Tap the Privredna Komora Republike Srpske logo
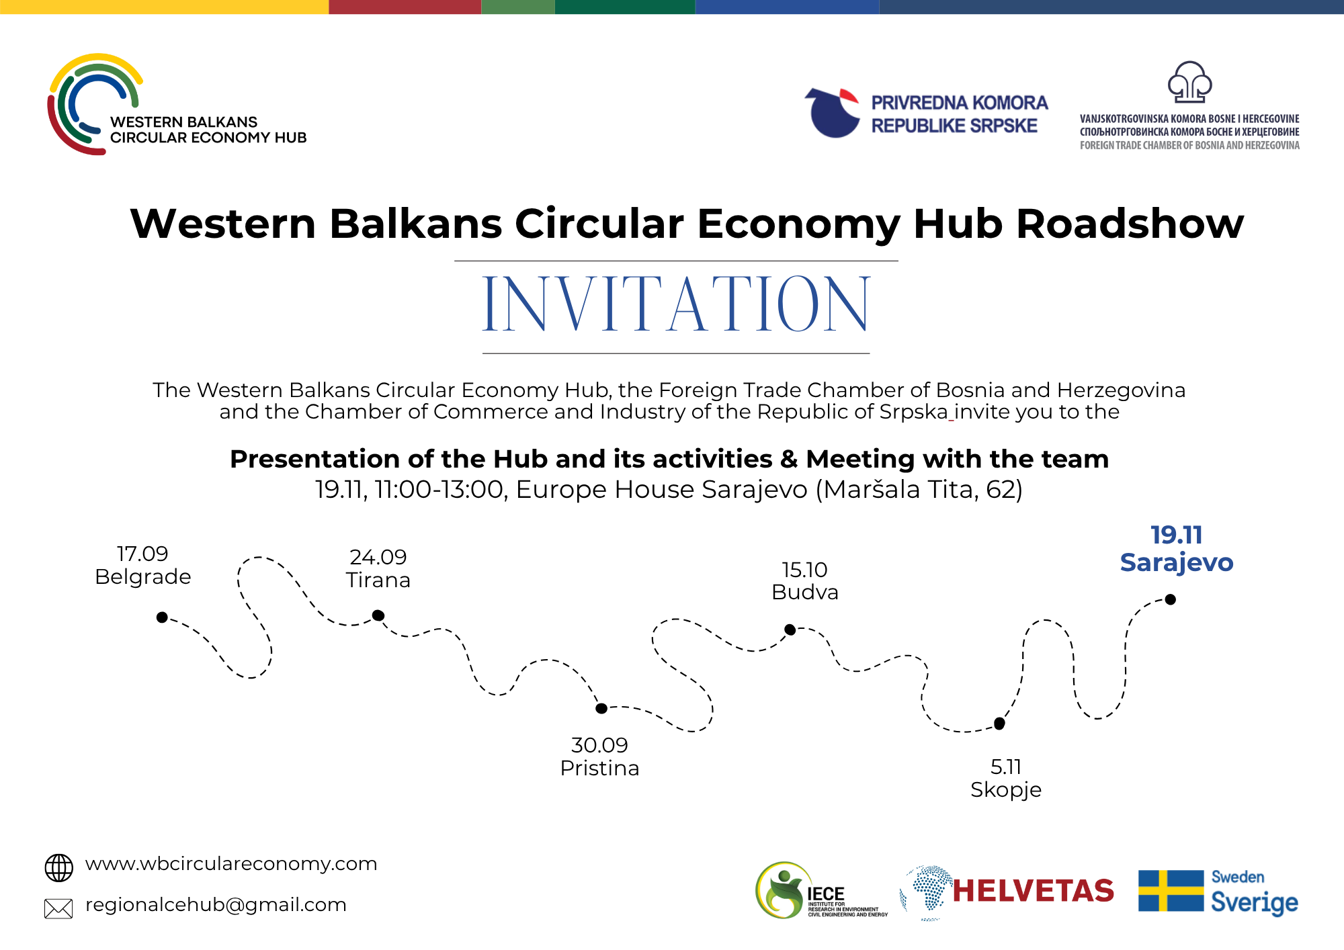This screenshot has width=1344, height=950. (x=926, y=113)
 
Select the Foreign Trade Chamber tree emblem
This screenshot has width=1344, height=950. (x=1189, y=81)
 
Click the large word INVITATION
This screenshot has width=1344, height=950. (x=676, y=304)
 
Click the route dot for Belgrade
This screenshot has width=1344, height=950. (x=162, y=617)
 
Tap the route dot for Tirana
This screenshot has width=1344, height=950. (x=378, y=615)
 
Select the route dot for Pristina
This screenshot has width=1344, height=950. (x=601, y=708)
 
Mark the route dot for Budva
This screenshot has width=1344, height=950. (x=790, y=630)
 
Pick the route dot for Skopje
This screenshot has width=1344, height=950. (x=999, y=724)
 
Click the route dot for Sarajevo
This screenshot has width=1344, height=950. (x=1171, y=599)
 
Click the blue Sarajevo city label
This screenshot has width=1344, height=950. (x=1177, y=563)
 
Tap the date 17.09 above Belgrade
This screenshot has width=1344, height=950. (x=142, y=554)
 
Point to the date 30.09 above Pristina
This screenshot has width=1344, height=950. (x=599, y=745)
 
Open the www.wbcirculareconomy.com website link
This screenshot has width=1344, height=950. (x=231, y=864)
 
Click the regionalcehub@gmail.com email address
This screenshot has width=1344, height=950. (x=216, y=905)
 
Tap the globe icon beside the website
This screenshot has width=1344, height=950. (x=59, y=868)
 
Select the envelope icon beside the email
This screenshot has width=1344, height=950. (x=58, y=908)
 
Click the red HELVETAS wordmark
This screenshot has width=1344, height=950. (x=1034, y=891)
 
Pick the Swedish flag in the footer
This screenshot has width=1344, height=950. (x=1171, y=891)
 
